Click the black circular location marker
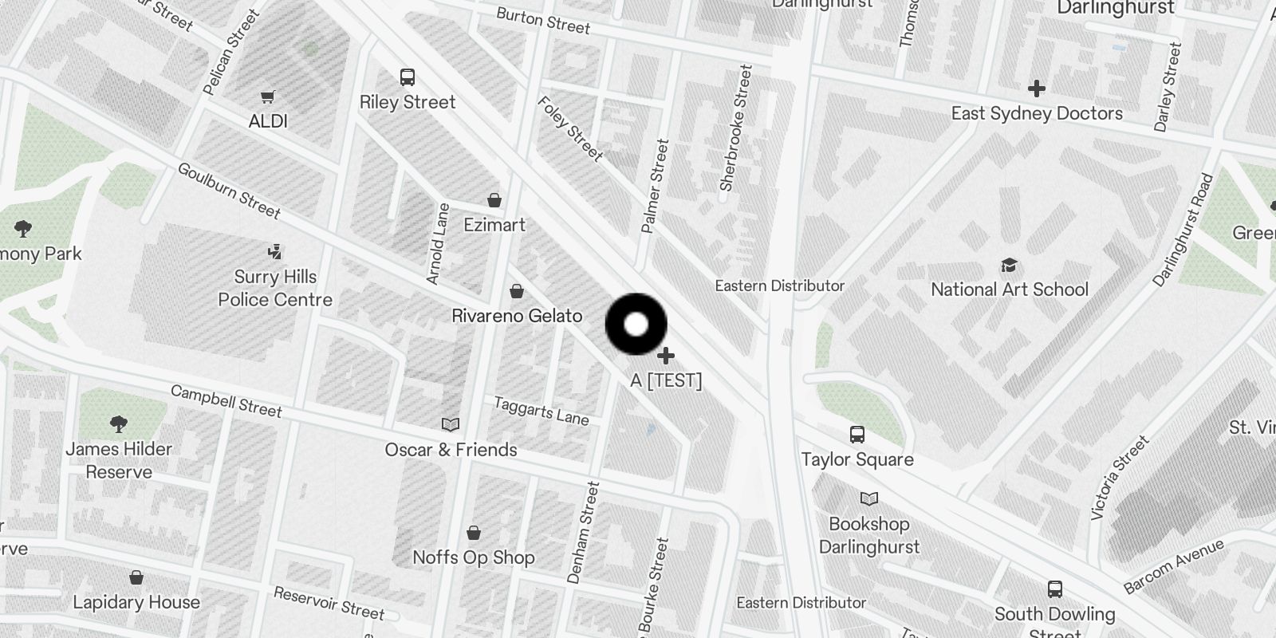coord(636,324)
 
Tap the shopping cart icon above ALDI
coord(268,96)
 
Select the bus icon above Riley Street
coord(408,77)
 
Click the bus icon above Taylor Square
coord(857,435)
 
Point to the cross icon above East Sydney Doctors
coord(1036,88)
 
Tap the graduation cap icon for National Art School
coord(1010,265)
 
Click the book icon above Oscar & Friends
coord(451,424)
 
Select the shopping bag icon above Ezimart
coord(494,199)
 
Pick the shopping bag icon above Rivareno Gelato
coord(517,291)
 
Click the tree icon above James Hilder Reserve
coord(119,423)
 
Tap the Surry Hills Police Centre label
coord(275,288)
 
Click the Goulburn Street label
coord(229,191)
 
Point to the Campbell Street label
coord(226,401)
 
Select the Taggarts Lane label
coord(541,412)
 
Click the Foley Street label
coord(570,128)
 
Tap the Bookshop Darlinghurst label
coord(869,535)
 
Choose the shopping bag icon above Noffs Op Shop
coord(474,532)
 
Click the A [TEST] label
coord(666,380)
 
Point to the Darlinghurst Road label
coord(1183,230)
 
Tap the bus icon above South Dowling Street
coord(1055,589)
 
